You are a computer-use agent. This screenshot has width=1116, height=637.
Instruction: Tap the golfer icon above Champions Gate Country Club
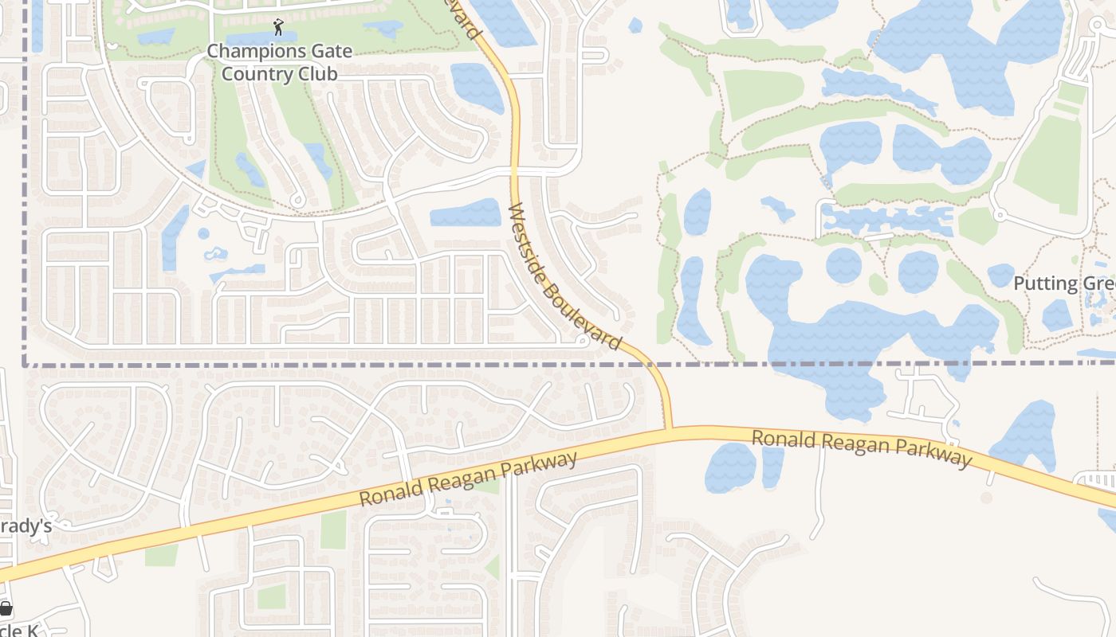[277, 29]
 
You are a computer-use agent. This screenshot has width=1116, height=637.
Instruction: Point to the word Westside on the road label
[529, 236]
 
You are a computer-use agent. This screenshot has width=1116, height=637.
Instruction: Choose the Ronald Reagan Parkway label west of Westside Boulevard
[468, 479]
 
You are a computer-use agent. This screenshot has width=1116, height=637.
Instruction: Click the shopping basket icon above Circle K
[6, 610]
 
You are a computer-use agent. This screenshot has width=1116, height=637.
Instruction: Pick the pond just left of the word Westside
[466, 213]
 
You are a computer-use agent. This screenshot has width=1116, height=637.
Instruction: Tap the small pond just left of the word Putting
[1001, 276]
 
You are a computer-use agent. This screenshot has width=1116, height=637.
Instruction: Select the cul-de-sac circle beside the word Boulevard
[583, 342]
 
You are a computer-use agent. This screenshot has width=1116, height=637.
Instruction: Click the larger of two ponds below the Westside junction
[730, 467]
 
